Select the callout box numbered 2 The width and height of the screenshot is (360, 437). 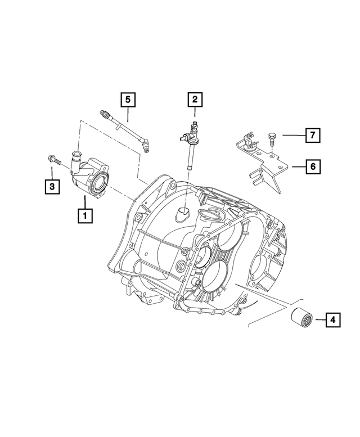tap(195, 100)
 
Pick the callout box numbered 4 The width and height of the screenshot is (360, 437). tap(333, 321)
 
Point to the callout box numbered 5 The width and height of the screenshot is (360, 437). tap(128, 100)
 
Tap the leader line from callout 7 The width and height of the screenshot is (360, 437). tap(292, 135)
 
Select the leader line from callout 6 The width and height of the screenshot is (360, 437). tap(297, 166)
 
